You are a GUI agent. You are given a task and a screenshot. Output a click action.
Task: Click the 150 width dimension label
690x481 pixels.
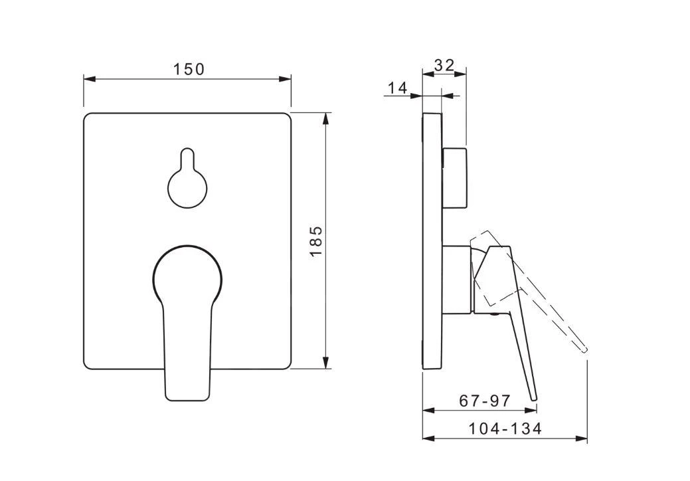click(x=189, y=69)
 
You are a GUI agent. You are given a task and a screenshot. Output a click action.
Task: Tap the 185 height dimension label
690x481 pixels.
click(x=316, y=241)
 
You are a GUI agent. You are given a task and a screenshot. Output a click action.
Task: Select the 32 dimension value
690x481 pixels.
click(x=444, y=65)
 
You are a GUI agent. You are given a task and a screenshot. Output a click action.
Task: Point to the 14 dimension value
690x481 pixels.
click(x=398, y=88)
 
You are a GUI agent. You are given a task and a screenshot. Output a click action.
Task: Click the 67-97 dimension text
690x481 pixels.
click(x=485, y=400)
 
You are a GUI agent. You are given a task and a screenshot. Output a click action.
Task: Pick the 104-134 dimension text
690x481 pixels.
click(x=504, y=429)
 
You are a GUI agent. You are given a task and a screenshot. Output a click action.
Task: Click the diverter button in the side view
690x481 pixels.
click(x=454, y=178)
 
